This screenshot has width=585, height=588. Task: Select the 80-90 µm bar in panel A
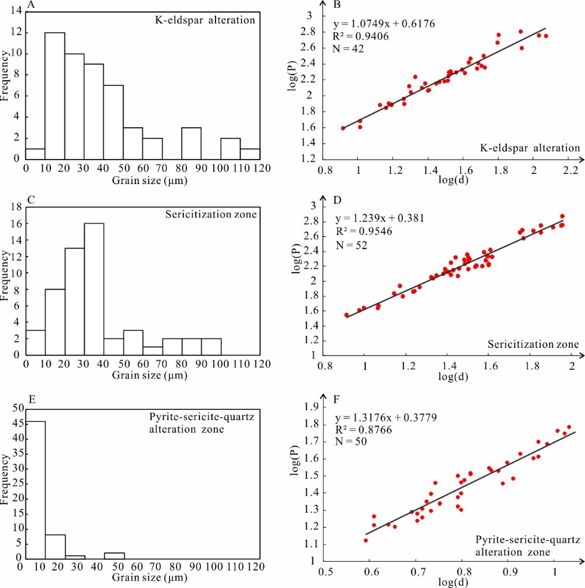point(191,143)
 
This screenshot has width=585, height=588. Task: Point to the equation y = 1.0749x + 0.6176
point(384,24)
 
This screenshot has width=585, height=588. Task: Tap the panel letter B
point(337,5)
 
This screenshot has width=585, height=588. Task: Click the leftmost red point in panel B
point(343,128)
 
